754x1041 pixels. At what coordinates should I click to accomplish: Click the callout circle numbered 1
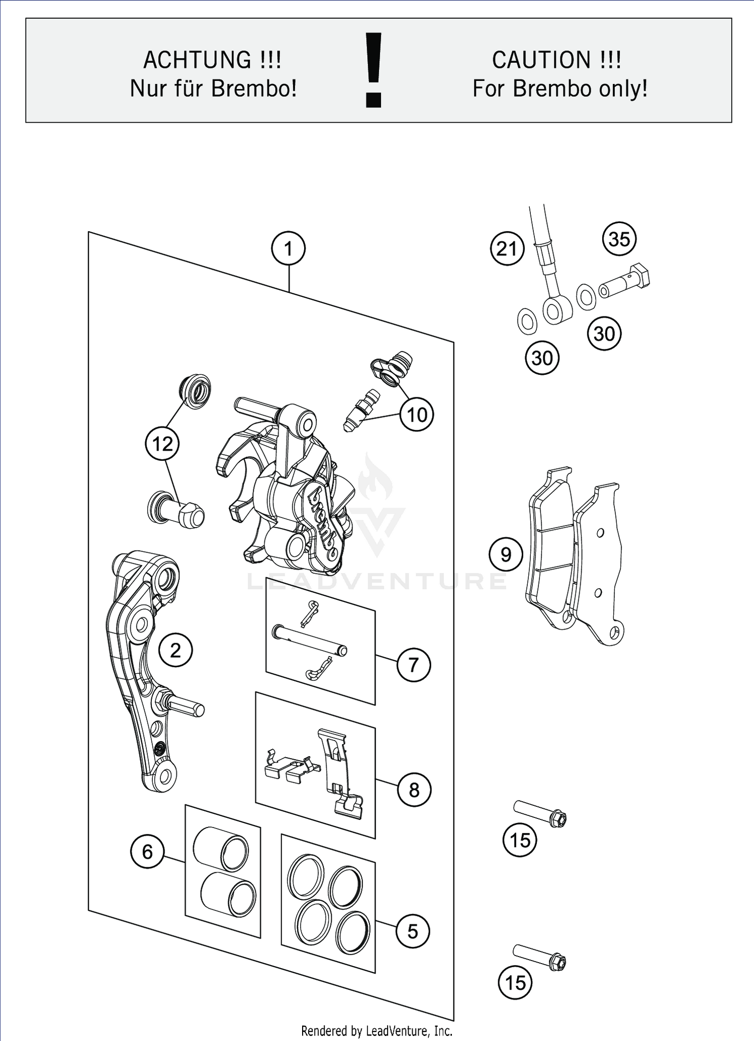(288, 248)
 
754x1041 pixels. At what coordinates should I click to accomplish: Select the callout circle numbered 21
(507, 249)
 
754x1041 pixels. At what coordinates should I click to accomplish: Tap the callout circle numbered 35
(619, 239)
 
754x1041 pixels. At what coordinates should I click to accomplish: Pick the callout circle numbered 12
(162, 444)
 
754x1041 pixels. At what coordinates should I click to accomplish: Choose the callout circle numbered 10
(417, 414)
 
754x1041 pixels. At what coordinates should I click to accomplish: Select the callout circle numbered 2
(175, 650)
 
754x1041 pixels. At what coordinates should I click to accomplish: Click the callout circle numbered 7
(413, 665)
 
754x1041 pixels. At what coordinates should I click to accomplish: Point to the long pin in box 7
(309, 640)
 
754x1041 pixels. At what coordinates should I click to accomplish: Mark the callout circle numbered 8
(414, 790)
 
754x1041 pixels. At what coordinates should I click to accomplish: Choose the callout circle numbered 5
(412, 931)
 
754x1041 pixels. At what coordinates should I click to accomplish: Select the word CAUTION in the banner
(542, 60)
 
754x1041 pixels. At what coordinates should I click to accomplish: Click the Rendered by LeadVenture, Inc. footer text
(376, 1031)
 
